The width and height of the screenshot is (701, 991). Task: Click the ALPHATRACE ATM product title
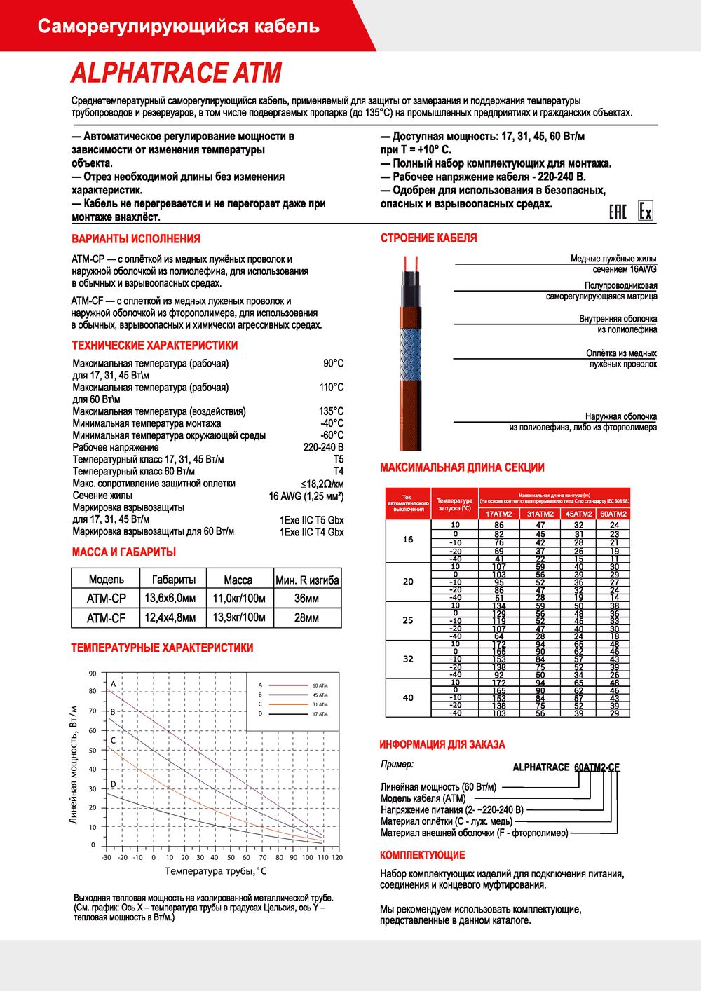(176, 73)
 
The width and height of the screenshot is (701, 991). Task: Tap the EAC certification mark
(618, 212)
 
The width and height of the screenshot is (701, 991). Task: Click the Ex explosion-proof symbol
(646, 211)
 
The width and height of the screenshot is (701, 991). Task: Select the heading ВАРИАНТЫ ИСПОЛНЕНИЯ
(136, 239)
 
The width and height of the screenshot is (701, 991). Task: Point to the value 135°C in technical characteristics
(331, 411)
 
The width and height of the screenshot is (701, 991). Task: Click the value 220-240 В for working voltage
(323, 447)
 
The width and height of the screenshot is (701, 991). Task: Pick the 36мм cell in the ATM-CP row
(306, 599)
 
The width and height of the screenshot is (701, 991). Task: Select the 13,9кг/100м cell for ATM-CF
(239, 617)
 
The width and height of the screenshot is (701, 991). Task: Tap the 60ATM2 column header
(613, 514)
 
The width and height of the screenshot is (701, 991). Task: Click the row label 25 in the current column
(408, 620)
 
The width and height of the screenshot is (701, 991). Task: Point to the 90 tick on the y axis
(93, 674)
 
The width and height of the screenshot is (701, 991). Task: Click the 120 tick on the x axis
(337, 857)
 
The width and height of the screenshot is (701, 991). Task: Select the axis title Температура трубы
(215, 871)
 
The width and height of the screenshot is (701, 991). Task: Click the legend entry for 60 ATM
(320, 685)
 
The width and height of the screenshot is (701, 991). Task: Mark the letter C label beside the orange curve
(114, 740)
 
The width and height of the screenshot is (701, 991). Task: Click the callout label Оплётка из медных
(621, 353)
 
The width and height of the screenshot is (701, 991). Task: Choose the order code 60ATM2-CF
(597, 767)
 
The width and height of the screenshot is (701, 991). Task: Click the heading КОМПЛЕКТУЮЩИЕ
(423, 855)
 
